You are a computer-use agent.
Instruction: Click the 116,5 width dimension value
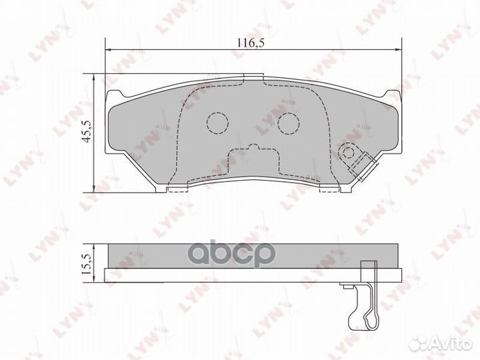click(x=251, y=43)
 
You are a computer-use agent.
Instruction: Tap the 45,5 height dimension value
click(x=87, y=131)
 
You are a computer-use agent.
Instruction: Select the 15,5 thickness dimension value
click(x=87, y=263)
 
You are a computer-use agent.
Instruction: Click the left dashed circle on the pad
click(x=217, y=123)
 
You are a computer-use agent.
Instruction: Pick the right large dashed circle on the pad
click(x=289, y=123)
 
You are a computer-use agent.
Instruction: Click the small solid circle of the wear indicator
click(x=349, y=152)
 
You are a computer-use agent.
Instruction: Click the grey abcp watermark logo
click(x=231, y=253)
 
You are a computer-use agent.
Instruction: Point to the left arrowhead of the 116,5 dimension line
click(x=108, y=49)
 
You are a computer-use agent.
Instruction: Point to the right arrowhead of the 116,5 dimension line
click(x=398, y=49)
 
